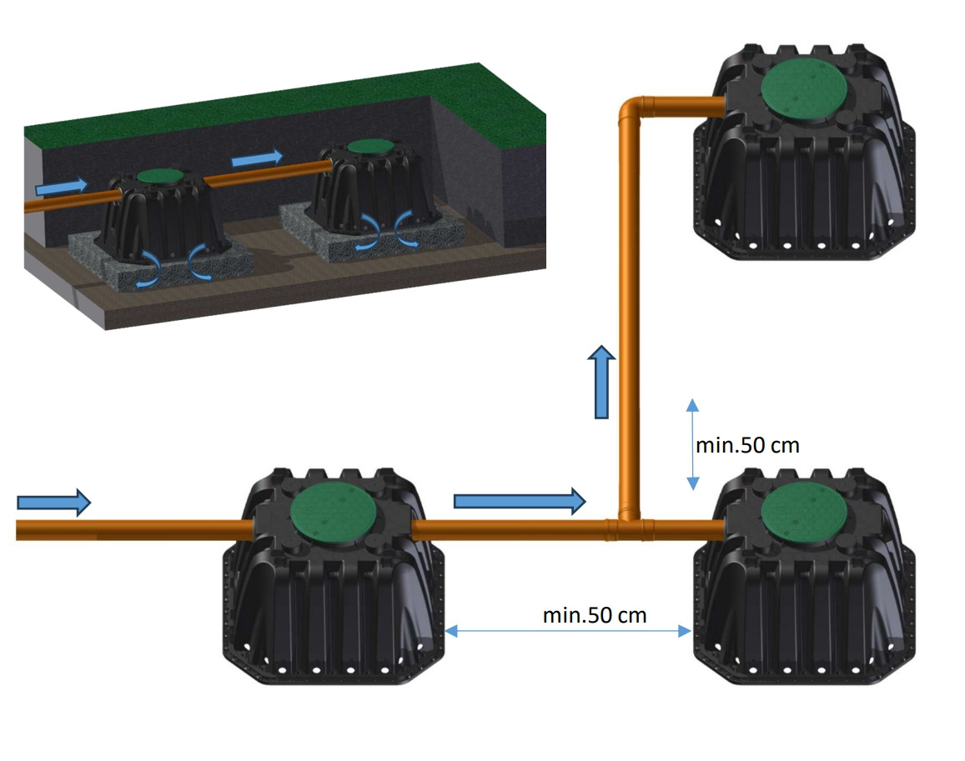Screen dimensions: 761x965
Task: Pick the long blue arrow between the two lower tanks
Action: point(520,500)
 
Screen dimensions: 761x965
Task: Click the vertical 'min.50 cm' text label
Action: point(747,445)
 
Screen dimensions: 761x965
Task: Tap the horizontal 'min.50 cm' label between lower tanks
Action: point(595,615)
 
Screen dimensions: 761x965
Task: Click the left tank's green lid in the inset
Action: point(159,175)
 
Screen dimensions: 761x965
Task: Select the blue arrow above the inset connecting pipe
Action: point(257,158)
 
